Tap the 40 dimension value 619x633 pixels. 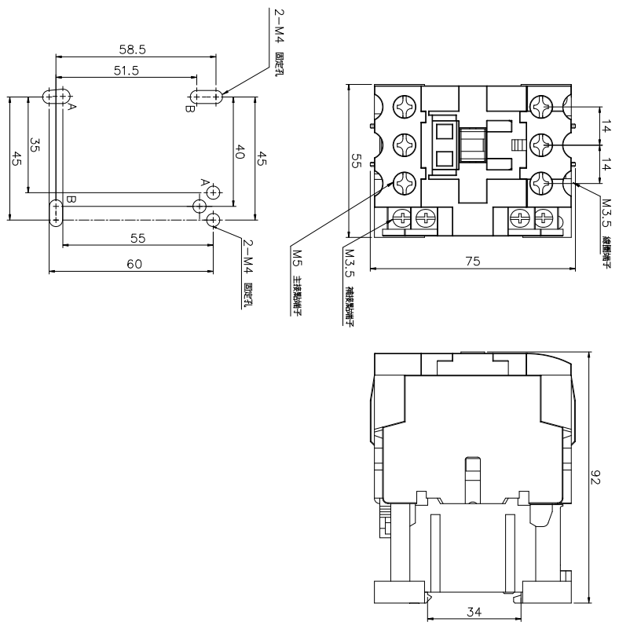[x=241, y=151]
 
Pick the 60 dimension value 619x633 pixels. [x=134, y=265]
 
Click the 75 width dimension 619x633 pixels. [x=472, y=262]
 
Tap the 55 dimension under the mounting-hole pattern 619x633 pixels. [x=137, y=236]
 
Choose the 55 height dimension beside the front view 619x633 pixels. [x=355, y=161]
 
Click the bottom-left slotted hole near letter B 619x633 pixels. [x=56, y=212]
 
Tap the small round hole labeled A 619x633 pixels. [x=213, y=191]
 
